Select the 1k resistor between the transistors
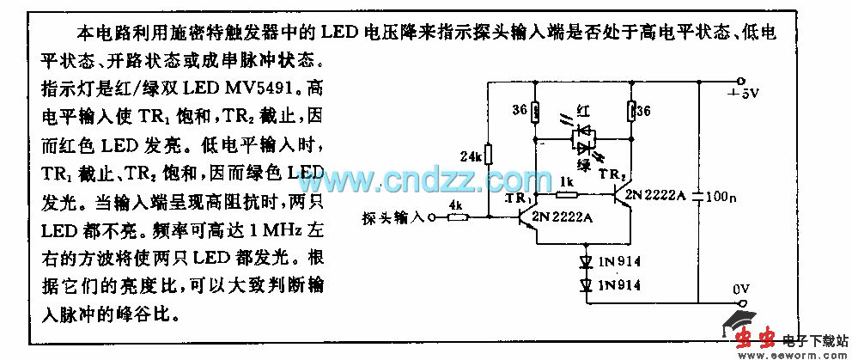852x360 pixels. coord(568,195)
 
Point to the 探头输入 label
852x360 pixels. coord(394,218)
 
